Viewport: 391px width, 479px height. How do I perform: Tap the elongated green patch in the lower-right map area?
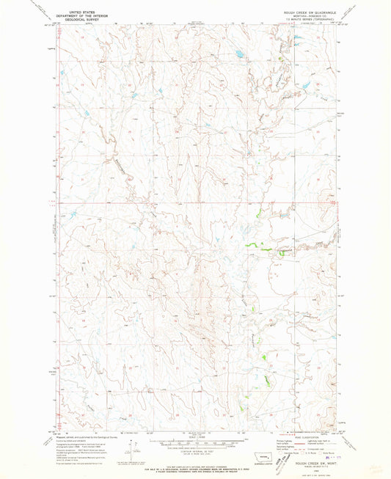pos(265,356)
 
